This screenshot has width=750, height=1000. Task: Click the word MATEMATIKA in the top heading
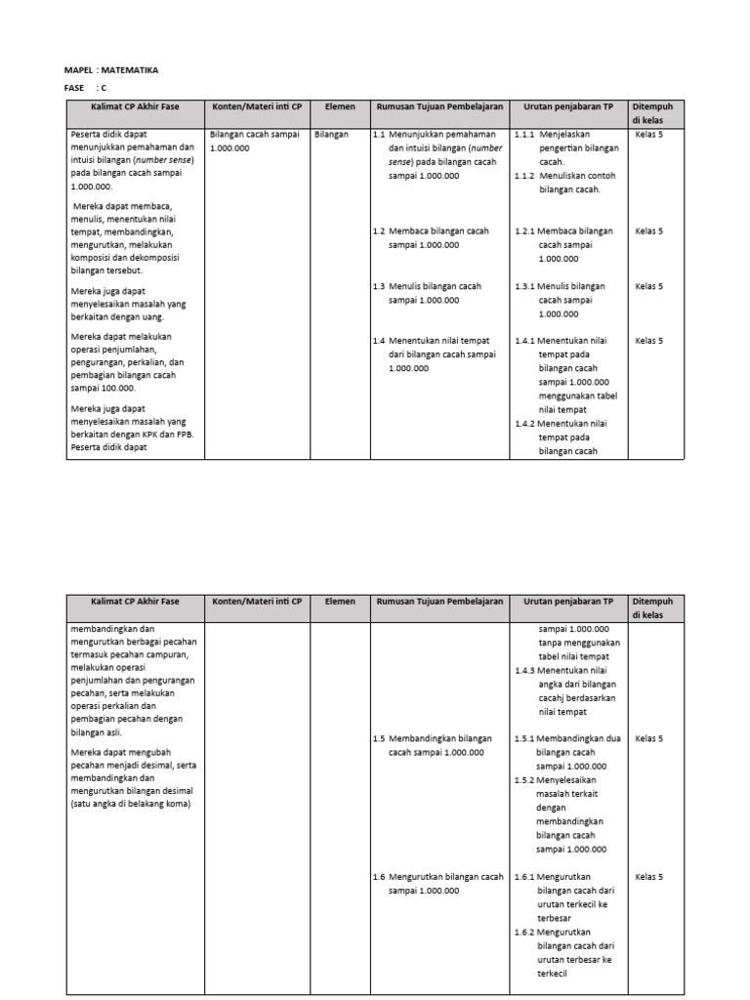tap(131, 70)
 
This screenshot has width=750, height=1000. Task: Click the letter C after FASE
tap(104, 88)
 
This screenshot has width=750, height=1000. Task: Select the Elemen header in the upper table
tap(339, 106)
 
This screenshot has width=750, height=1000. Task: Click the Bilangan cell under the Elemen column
tap(332, 135)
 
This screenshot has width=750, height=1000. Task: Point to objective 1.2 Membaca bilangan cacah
tap(431, 237)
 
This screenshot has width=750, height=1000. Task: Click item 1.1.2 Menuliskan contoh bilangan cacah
tap(567, 183)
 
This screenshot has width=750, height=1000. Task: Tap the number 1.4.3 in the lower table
tap(525, 670)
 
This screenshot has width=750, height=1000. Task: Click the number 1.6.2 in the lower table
tap(525, 932)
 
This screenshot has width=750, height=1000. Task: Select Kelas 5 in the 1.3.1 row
tap(648, 286)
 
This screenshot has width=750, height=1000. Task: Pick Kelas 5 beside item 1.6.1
tap(648, 877)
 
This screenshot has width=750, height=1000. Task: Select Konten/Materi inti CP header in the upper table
tap(257, 106)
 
